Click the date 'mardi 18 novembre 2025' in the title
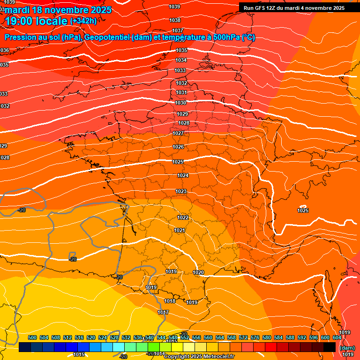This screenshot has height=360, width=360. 59,9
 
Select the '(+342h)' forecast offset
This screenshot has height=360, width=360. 83,21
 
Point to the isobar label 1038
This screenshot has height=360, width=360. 175,20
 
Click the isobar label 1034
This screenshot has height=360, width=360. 181,60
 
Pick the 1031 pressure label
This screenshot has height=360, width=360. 182,93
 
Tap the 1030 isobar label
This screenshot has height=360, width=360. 181,103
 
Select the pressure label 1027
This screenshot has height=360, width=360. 178,134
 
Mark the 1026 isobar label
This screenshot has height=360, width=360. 178,147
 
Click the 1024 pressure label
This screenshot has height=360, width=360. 183,176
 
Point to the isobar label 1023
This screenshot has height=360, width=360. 181,191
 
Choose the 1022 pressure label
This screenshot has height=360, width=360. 183,218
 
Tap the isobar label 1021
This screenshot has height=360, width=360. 180,230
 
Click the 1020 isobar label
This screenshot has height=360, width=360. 198,272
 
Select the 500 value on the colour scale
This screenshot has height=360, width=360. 32,337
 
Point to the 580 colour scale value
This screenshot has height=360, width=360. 267,337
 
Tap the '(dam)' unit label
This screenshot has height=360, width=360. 347,348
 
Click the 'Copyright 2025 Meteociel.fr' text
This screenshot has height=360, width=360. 199,357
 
